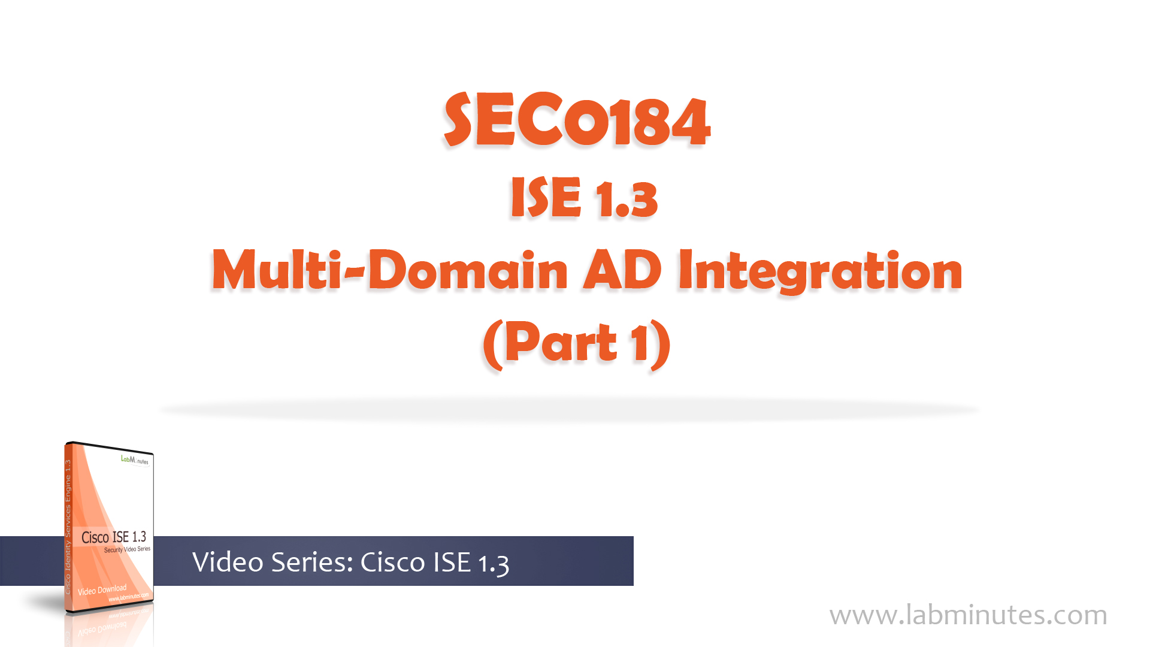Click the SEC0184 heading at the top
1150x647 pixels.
[x=577, y=120]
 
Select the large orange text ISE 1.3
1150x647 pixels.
[x=584, y=197]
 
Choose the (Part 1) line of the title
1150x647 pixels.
[x=577, y=343]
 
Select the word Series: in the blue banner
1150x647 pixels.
[x=311, y=562]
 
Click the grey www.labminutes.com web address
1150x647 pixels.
[x=969, y=615]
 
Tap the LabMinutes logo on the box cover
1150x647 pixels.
[x=135, y=460]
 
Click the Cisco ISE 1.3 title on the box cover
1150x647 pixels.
[x=114, y=537]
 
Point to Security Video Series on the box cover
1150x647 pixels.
[x=127, y=549]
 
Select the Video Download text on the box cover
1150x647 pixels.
[x=102, y=590]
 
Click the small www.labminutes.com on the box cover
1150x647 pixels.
[x=128, y=597]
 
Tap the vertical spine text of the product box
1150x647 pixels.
[x=68, y=527]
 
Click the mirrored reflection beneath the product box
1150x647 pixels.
[x=108, y=626]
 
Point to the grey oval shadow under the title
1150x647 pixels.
[x=569, y=410]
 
